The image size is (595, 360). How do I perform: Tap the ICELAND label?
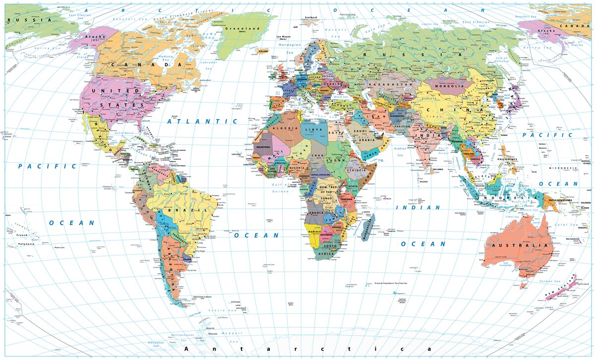pos(263,51)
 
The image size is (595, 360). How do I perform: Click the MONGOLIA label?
pos(449,86)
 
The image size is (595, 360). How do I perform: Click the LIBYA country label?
pos(316,129)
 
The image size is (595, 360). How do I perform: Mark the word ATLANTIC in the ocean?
pos(202,120)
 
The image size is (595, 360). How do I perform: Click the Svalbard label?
pos(311,17)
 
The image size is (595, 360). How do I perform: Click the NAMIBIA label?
pos(314,232)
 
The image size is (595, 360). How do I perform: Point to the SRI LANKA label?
pos(437,170)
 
